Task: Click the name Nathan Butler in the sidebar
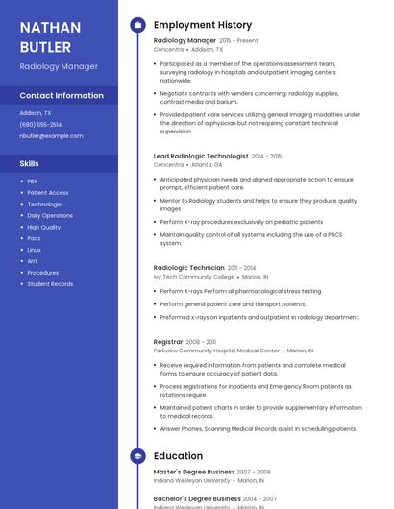[x=50, y=36]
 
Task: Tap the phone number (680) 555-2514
[x=40, y=124]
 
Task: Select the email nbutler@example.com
[x=51, y=135]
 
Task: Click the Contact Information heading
[x=62, y=95]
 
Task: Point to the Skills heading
[x=29, y=163]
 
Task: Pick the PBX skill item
[x=33, y=181]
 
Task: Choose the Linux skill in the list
[x=34, y=250]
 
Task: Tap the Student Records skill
[x=50, y=284]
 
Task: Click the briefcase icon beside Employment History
[x=137, y=25]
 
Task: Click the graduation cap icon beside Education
[x=137, y=456]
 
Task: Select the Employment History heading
[x=202, y=25]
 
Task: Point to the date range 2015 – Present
[x=238, y=41]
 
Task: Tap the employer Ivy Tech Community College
[x=193, y=277]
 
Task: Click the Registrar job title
[x=168, y=342]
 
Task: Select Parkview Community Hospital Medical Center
[x=216, y=351]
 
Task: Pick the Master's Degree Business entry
[x=194, y=472]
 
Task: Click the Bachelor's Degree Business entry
[x=197, y=498]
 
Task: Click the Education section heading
[x=178, y=456]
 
